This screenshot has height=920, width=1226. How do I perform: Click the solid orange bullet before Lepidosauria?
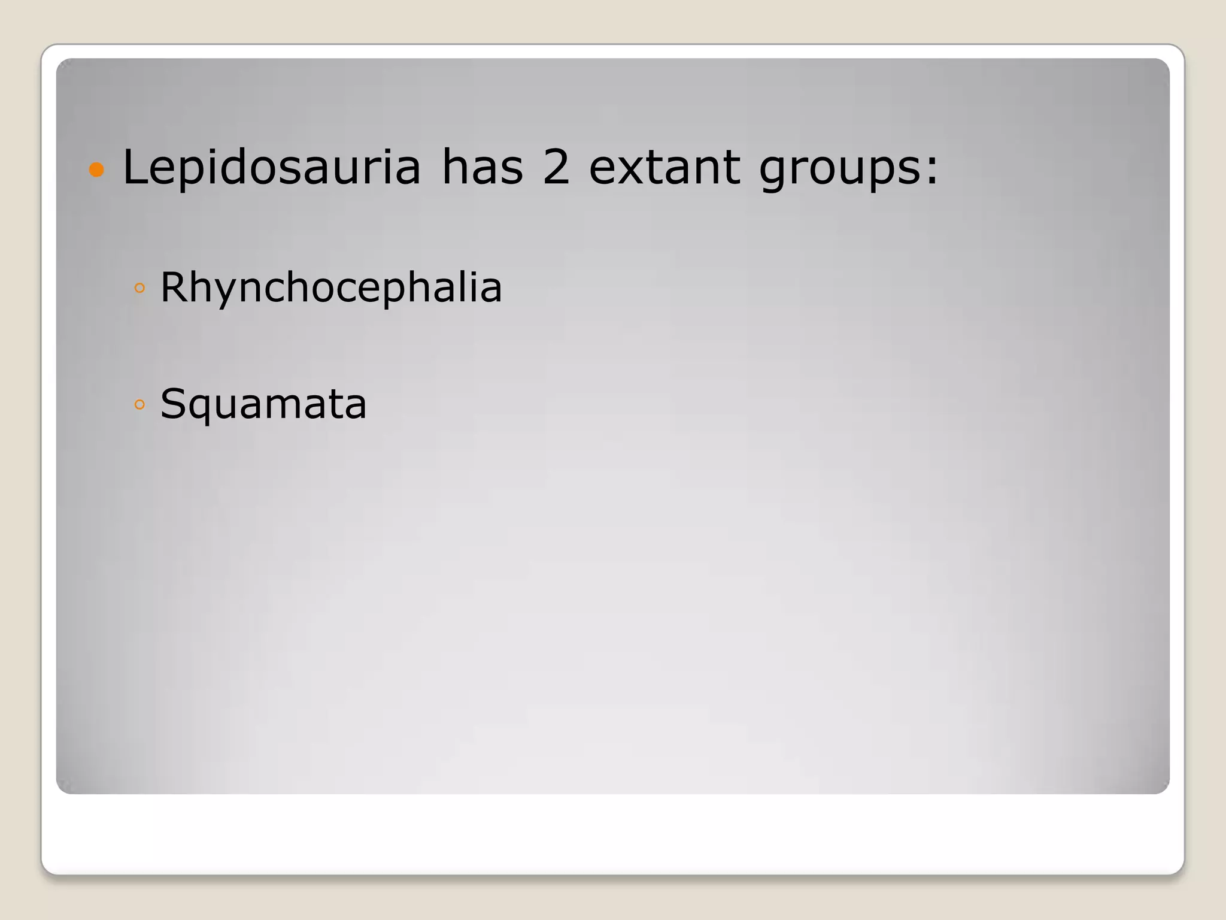(96, 170)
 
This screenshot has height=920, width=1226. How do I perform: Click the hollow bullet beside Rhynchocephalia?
(140, 288)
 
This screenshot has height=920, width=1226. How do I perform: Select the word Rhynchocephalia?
(331, 288)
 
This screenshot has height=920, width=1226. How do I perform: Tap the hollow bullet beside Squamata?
(140, 404)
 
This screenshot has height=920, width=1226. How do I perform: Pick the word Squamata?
(263, 404)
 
